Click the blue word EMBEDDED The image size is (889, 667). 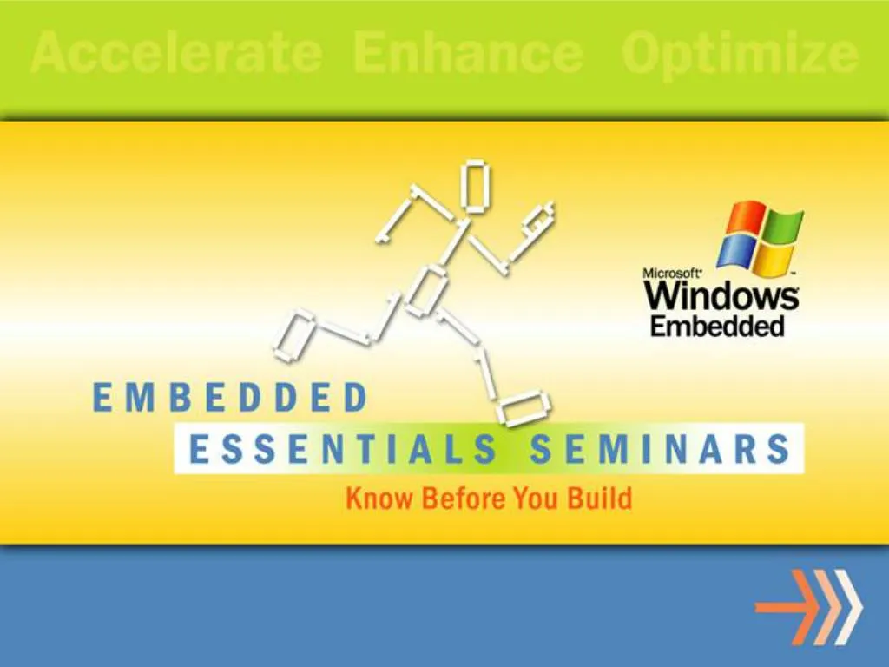click(x=229, y=399)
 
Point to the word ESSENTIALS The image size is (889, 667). click(x=344, y=451)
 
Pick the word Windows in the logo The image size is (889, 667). click(x=721, y=297)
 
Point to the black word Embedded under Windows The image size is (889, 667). click(x=717, y=327)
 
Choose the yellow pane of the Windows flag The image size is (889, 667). click(x=774, y=258)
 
